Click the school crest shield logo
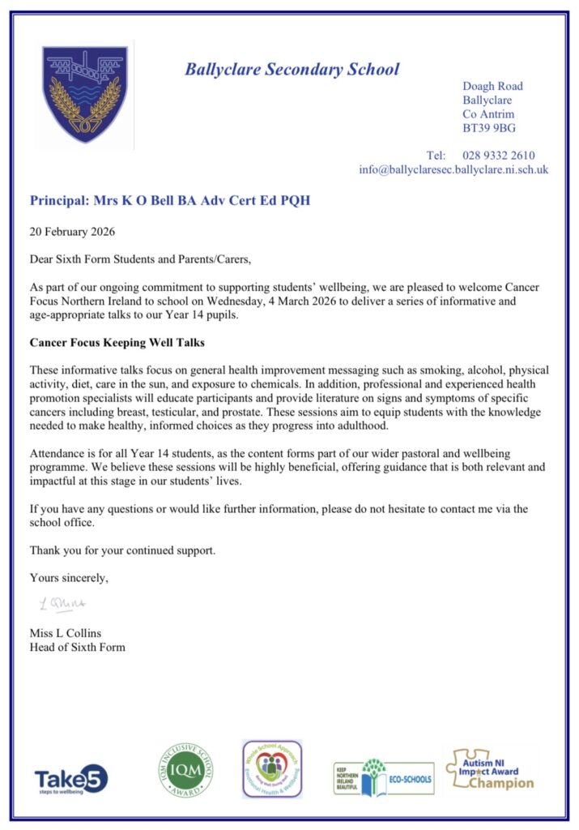coord(84,95)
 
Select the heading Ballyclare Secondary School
coord(292,69)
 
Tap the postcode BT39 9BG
coord(489,128)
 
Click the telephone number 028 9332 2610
coord(498,155)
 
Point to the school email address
coord(453,169)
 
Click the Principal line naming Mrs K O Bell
coord(170,200)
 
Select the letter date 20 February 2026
coord(72,231)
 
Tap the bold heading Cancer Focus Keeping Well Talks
coord(117,343)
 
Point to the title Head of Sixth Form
coord(78,647)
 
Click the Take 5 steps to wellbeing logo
coord(71,780)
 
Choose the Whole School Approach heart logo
coord(272,768)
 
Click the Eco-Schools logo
coord(383,778)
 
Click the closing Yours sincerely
coord(69,578)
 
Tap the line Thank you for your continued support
coord(123,550)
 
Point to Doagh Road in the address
coord(492,86)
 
